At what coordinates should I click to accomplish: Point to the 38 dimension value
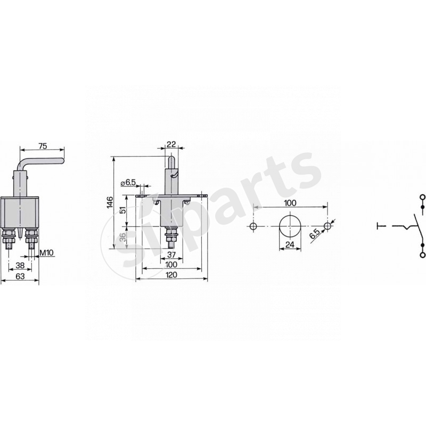pyautogui.click(x=20, y=265)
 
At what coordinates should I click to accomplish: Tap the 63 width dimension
pyautogui.click(x=20, y=276)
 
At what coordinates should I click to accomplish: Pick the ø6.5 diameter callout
pyautogui.click(x=129, y=183)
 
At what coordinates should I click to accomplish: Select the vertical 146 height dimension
pyautogui.click(x=110, y=202)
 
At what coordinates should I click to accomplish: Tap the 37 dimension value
pyautogui.click(x=173, y=255)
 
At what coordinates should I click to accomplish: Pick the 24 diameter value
pyautogui.click(x=290, y=245)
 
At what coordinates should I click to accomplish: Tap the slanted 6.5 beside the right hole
pyautogui.click(x=316, y=233)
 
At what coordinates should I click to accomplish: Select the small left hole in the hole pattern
pyautogui.click(x=253, y=227)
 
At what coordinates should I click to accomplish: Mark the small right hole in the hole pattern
pyautogui.click(x=327, y=227)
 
